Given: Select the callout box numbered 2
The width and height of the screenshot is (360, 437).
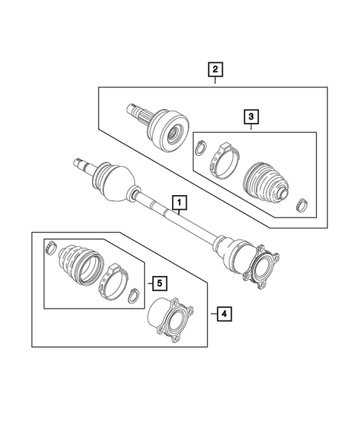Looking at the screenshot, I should (x=215, y=70).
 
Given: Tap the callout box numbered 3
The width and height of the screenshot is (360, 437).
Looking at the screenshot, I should (x=251, y=116).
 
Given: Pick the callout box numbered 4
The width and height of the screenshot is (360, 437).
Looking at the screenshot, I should (x=223, y=315).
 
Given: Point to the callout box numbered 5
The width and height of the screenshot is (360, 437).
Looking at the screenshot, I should (x=157, y=282).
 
